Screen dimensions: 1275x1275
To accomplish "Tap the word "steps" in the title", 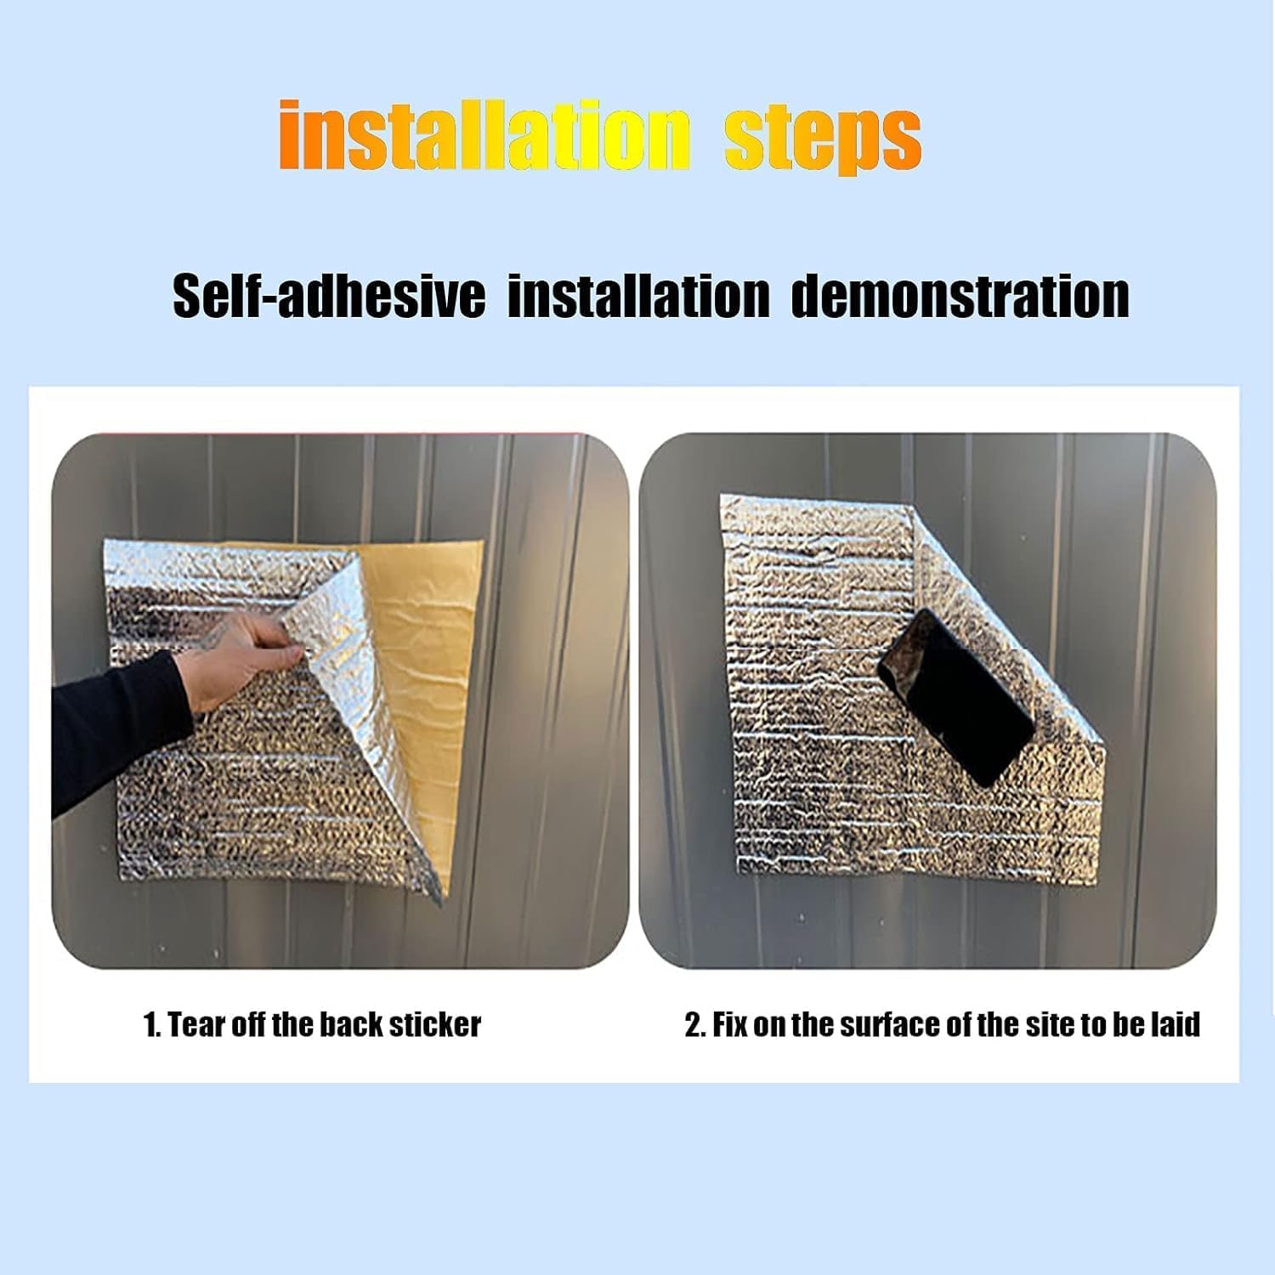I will (x=822, y=139).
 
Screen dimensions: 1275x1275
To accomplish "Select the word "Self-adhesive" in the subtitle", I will (x=329, y=296).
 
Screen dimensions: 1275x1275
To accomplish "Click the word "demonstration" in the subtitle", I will (x=960, y=296).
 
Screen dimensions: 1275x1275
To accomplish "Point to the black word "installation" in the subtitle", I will (x=638, y=296).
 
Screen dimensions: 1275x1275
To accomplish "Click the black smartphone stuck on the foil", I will (x=957, y=694).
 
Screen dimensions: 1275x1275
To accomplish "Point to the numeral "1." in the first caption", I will (x=152, y=1025).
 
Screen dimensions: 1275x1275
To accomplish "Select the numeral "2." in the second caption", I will (x=695, y=1025).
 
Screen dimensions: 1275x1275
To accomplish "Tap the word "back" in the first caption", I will (x=351, y=1025).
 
